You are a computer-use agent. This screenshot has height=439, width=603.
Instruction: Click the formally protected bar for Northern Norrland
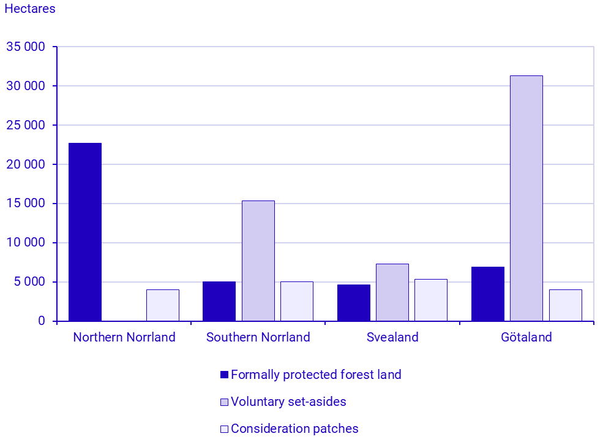[85, 232]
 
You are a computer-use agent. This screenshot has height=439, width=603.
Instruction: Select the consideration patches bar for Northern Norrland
[163, 305]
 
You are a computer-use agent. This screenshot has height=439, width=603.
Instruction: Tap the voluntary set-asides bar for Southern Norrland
[258, 261]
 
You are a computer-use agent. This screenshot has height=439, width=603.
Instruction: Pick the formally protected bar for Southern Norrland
[219, 301]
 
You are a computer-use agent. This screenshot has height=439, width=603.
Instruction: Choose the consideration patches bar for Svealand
[431, 300]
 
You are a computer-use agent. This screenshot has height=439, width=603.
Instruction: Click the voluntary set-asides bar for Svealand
[392, 292]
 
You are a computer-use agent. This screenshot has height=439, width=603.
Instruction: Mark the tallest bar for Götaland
[526, 198]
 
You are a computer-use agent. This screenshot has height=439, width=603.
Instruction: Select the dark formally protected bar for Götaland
[488, 294]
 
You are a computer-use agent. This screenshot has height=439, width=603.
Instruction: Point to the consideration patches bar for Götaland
[565, 305]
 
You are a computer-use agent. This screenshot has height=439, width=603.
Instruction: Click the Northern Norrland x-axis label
[124, 337]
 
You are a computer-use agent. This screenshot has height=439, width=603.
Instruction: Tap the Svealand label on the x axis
[392, 337]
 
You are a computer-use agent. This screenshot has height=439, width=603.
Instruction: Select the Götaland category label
[526, 337]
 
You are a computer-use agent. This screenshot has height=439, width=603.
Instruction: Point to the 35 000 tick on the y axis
[26, 47]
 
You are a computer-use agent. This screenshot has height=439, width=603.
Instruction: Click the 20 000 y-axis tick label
[26, 164]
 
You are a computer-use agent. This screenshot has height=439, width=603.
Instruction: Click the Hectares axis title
[30, 9]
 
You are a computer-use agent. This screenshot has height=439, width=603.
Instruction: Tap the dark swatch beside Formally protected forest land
[224, 375]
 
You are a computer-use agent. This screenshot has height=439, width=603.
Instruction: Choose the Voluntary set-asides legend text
[288, 402]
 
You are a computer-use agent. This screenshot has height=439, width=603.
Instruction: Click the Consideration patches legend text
[294, 429]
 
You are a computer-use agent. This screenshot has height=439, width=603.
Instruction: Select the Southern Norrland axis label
[258, 337]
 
